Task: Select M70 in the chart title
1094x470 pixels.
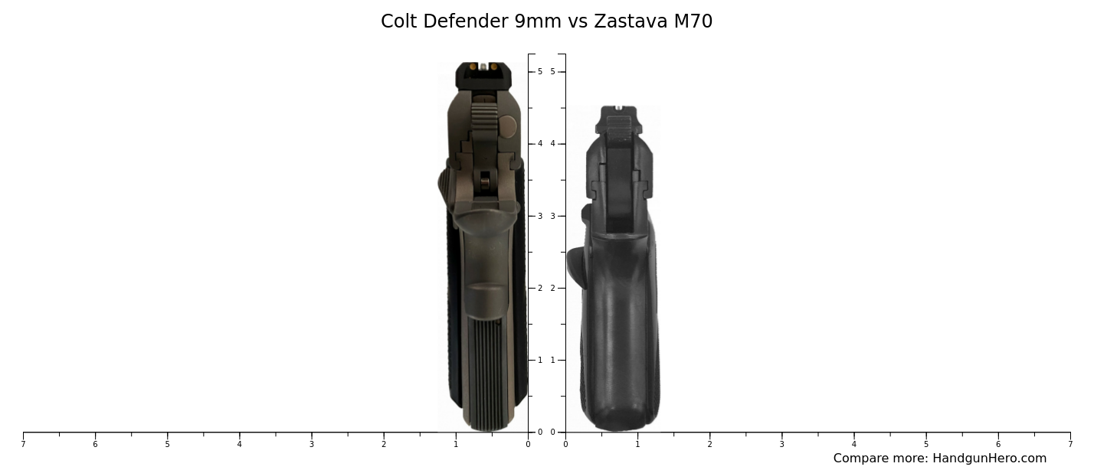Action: [x=693, y=21]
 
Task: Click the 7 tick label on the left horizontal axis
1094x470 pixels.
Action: [x=23, y=444]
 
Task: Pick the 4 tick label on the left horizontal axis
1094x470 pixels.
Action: [x=239, y=444]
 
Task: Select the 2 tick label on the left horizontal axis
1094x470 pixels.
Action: [x=384, y=444]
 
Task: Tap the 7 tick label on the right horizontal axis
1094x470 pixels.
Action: [x=1070, y=444]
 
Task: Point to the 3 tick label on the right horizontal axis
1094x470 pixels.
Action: [x=781, y=444]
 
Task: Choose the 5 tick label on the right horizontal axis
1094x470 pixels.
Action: [x=926, y=444]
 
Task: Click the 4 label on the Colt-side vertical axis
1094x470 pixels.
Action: [x=539, y=144]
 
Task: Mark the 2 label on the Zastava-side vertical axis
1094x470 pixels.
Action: [x=552, y=288]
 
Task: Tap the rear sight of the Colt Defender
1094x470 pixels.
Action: [x=483, y=75]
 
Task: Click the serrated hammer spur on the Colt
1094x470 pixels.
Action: [x=482, y=119]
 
